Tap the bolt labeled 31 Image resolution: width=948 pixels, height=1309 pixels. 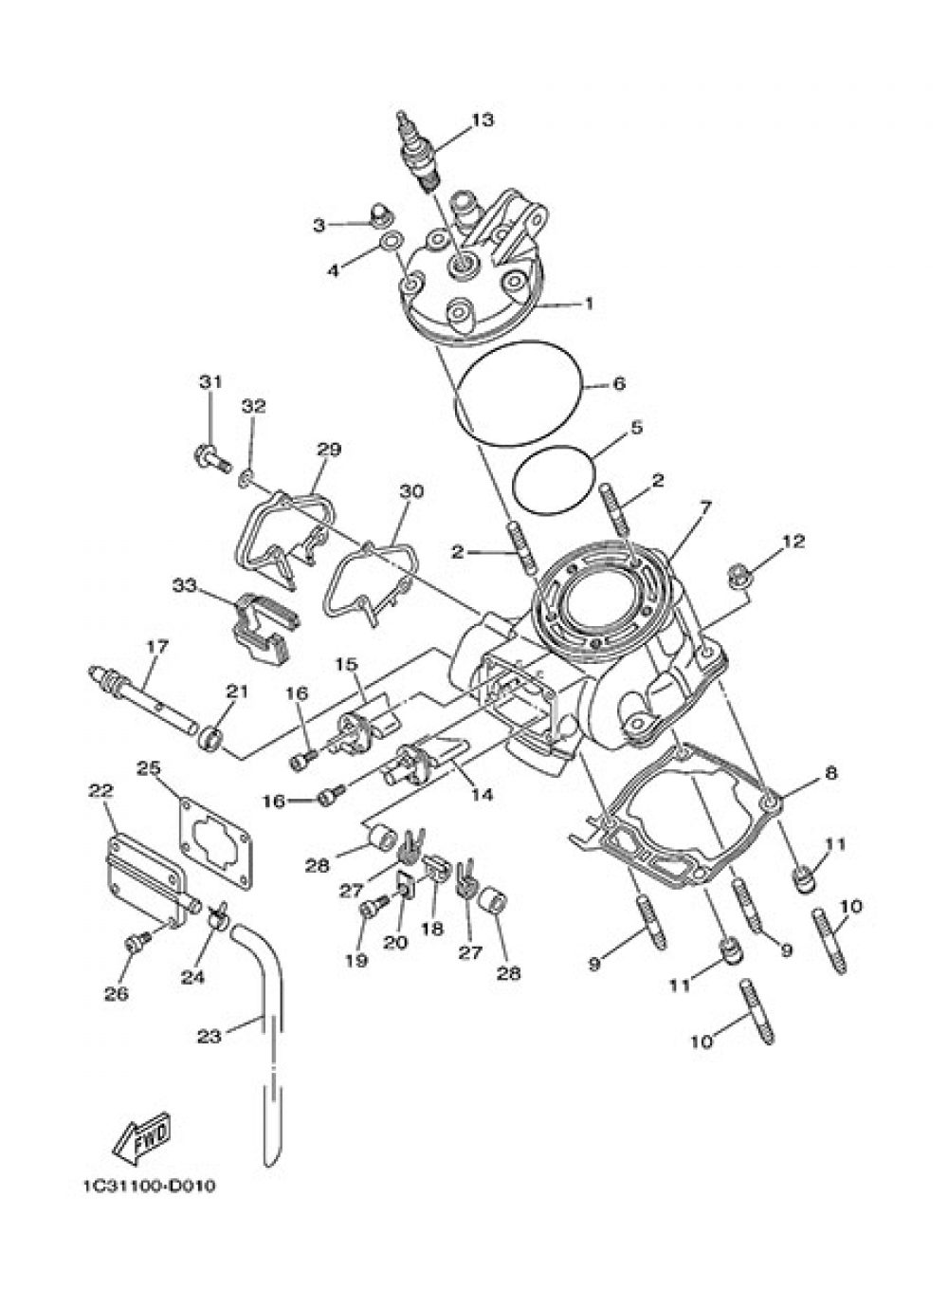pos(214,462)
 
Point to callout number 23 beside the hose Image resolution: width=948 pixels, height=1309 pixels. pos(210,1036)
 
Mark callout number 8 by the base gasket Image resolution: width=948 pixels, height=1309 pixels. pos(830,773)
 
